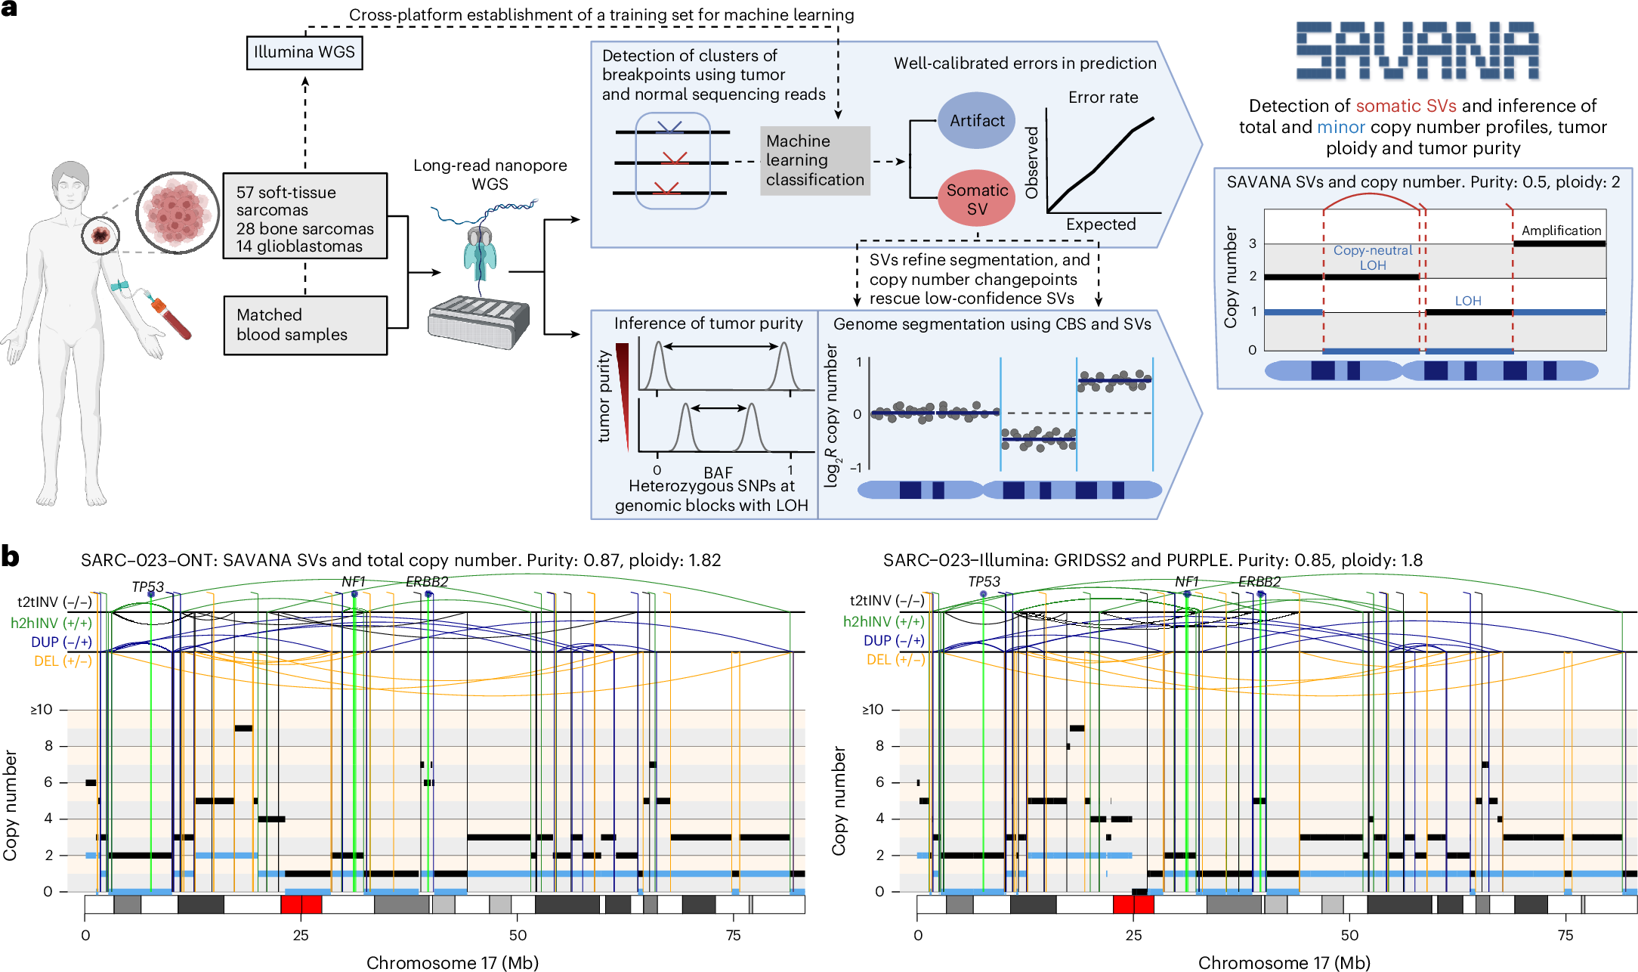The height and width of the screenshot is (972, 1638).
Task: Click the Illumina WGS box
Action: coord(304,53)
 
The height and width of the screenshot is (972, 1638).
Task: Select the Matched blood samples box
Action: coord(305,325)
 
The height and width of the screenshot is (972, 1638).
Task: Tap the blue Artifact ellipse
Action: coord(976,121)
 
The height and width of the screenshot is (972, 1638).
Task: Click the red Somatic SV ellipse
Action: coord(976,199)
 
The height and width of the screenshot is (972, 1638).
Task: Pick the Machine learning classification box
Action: coord(814,160)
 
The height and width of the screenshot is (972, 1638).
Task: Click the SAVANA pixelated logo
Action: coord(1417,51)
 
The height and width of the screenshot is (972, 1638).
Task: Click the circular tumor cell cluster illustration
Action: coord(178,212)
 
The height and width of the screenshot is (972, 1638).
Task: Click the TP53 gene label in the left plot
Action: coord(147,587)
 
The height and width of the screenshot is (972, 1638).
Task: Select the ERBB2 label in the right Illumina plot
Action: coord(1259,581)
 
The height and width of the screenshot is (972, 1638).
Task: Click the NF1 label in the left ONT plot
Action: coord(354,581)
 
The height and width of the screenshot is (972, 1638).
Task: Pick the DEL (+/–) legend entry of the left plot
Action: coord(63,661)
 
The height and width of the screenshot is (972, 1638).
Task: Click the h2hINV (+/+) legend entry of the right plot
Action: coord(883,621)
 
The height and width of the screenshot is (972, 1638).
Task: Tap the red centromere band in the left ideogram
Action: coord(301,904)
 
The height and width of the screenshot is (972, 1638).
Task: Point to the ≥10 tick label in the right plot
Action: coord(873,710)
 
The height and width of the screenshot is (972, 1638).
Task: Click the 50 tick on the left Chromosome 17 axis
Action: coord(518,936)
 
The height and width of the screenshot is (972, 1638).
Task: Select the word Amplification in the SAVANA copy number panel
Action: coord(1561,231)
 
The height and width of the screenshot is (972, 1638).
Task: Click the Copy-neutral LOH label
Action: coord(1372,258)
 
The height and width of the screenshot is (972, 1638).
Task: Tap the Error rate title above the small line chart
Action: coord(1102,98)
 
